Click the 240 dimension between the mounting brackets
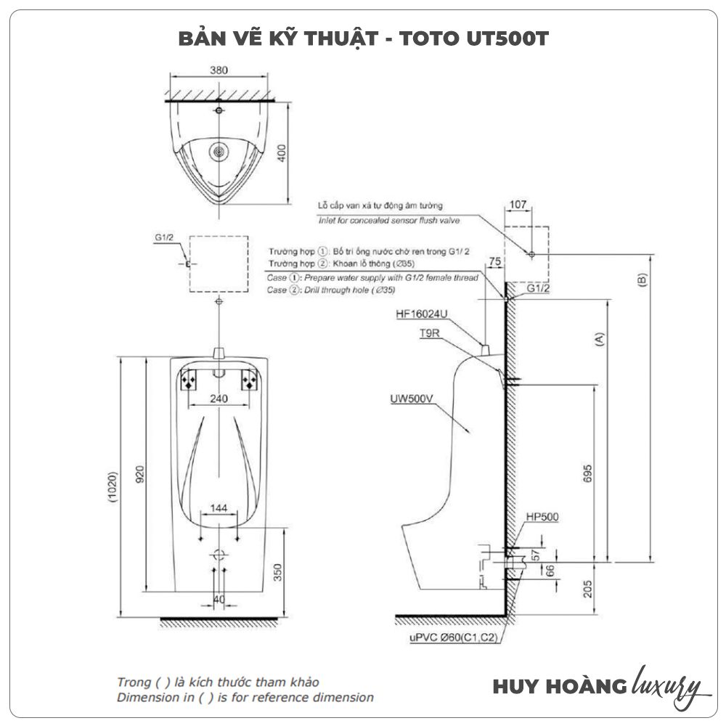click(219, 399)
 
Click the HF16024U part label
click(422, 314)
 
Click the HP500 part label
click(542, 517)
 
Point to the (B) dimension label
click(641, 281)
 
